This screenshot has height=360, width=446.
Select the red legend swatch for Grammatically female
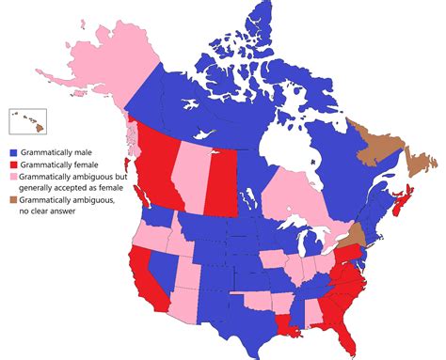pyautogui.click(x=12, y=164)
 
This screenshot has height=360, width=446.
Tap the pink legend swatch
pyautogui.click(x=12, y=176)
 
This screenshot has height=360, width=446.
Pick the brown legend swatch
pyautogui.click(x=12, y=199)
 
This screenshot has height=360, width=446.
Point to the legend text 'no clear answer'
pyautogui.click(x=48, y=211)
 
